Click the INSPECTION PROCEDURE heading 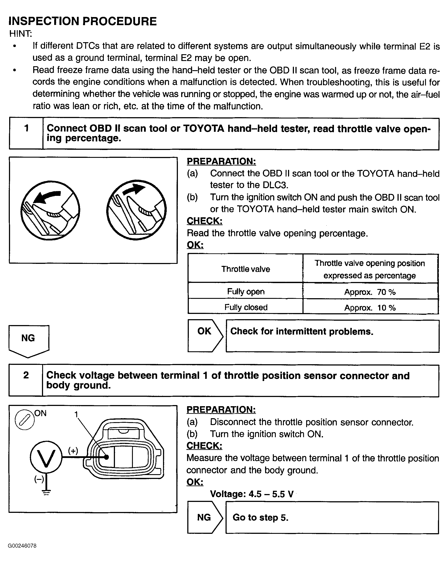[x=82, y=21]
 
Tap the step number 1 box [x=26, y=133]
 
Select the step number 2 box [x=26, y=380]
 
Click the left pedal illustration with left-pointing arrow [x=50, y=210]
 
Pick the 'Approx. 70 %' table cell [x=370, y=292]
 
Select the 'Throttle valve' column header [x=245, y=269]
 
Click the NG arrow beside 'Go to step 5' [x=205, y=517]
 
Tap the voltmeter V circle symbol [x=46, y=457]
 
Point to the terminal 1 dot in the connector [x=106, y=457]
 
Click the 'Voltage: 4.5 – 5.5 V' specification [x=252, y=494]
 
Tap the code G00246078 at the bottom [x=22, y=546]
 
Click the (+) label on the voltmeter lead [x=73, y=451]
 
